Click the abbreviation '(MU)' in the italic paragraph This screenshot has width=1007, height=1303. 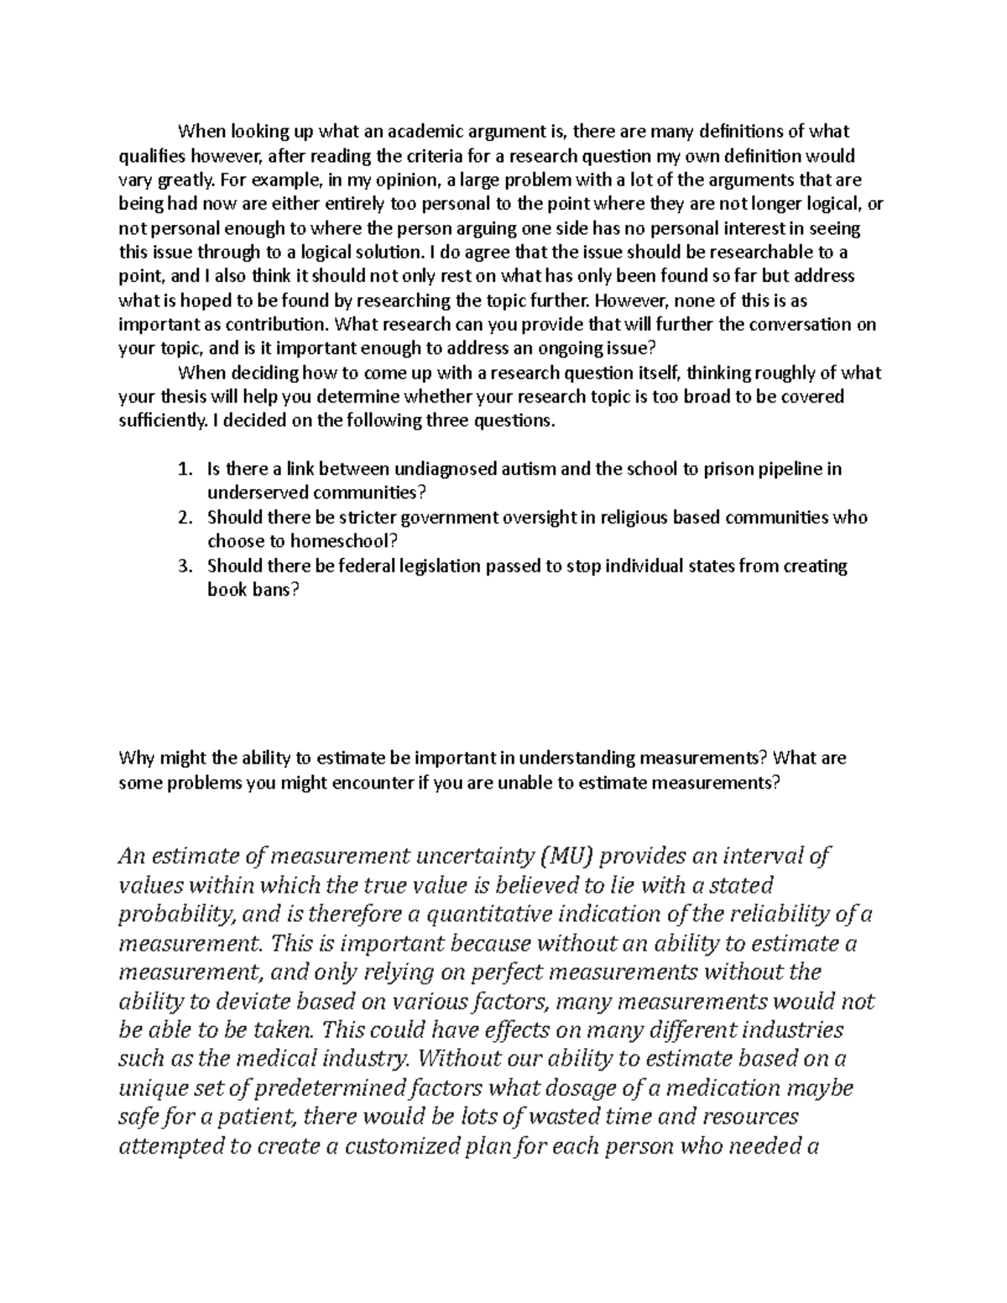566,856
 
